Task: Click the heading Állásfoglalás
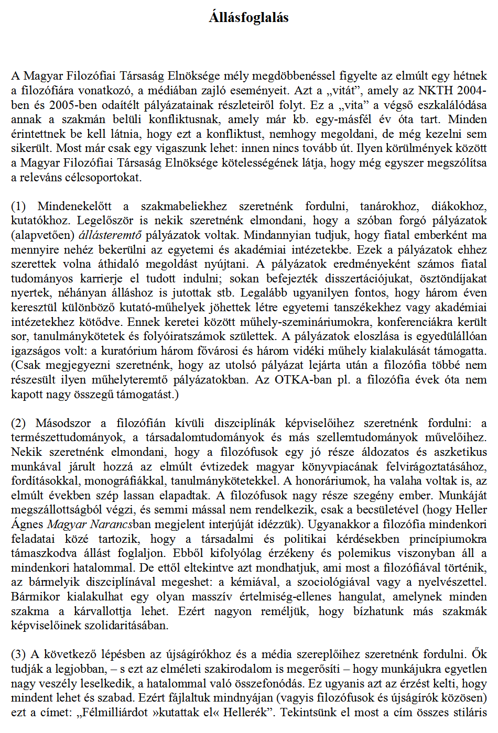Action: click(248, 18)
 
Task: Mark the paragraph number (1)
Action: click(18, 206)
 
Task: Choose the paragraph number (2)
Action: click(18, 423)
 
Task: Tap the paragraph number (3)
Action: click(18, 654)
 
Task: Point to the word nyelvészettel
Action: click(454, 582)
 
